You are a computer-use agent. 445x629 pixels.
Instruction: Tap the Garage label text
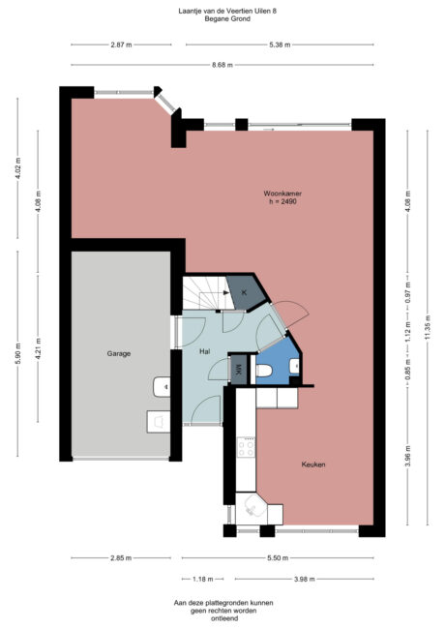[119, 353]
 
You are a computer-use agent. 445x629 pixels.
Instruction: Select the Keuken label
[311, 464]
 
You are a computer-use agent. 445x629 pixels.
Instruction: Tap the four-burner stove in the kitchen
[247, 448]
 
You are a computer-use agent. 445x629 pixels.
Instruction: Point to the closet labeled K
[243, 291]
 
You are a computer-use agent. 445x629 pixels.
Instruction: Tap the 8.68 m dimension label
[223, 65]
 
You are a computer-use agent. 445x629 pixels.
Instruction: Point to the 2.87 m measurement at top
[120, 45]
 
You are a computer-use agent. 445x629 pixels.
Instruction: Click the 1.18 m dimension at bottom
[201, 579]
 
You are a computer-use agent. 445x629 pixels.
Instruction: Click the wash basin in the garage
[161, 388]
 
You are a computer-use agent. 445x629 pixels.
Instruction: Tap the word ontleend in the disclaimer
[223, 618]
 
